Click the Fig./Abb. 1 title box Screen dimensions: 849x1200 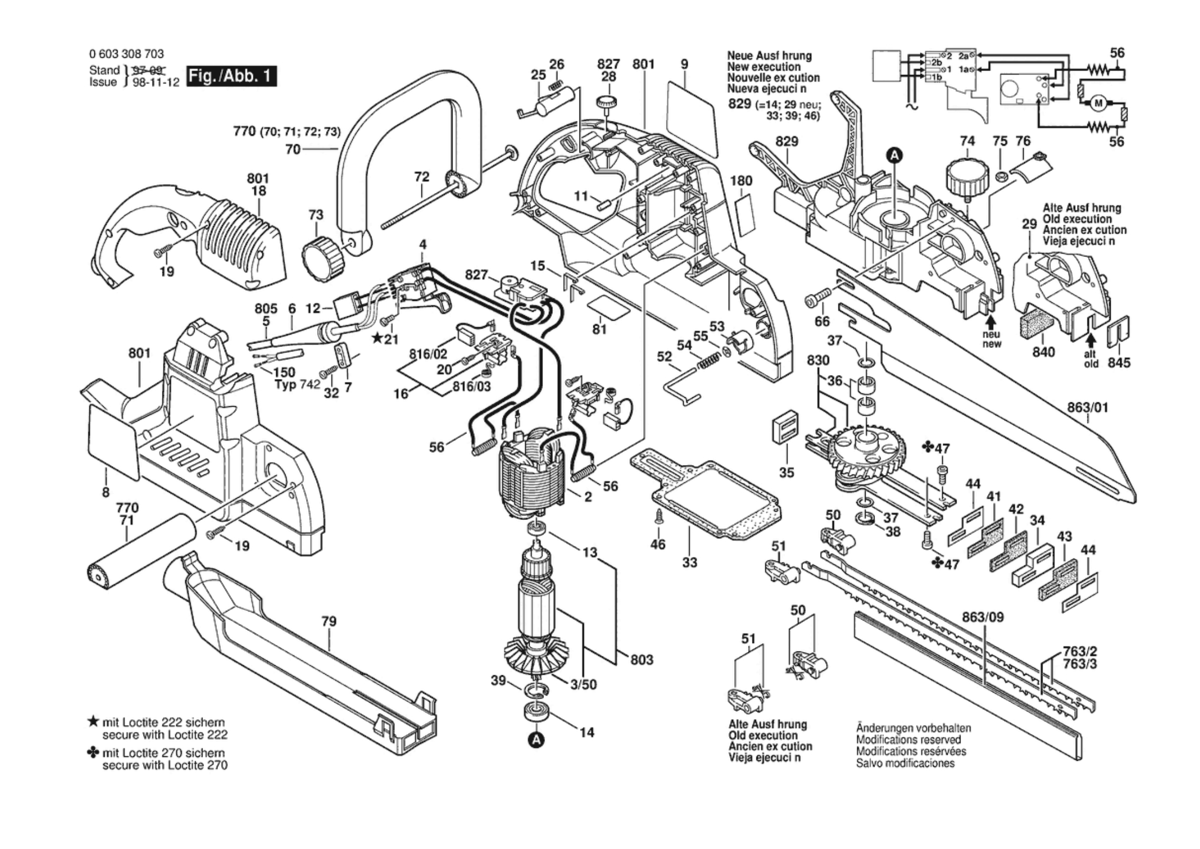pos(232,76)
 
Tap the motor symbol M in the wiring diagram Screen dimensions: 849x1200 pos(1099,103)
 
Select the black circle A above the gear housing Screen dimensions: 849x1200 pos(893,156)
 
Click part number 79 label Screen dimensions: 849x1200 pos(329,621)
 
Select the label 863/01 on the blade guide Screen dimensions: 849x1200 pos(1087,407)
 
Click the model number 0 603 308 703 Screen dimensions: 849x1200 pos(126,54)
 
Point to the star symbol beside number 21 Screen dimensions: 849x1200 pos(377,338)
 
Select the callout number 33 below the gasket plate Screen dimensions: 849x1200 pos(689,562)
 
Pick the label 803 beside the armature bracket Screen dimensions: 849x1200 pos(642,660)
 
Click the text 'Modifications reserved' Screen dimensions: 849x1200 pos(908,740)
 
